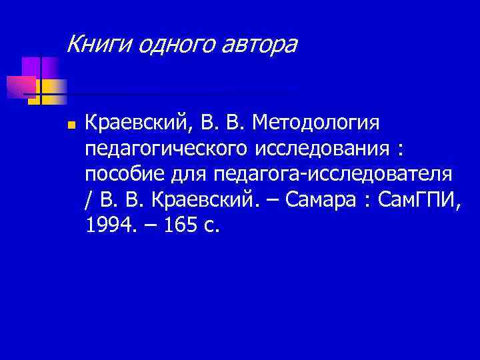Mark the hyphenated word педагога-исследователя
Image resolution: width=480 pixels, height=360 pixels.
(334, 174)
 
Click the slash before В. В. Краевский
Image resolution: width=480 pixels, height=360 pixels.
(89, 199)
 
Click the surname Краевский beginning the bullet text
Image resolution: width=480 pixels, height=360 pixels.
(139, 123)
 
